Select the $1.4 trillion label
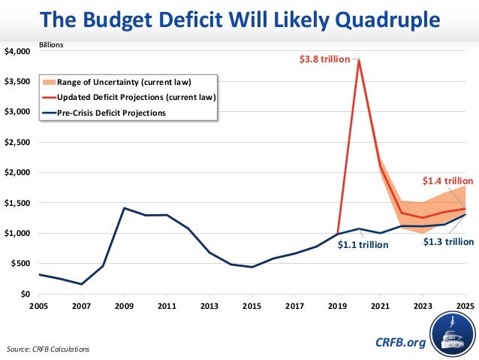[x=447, y=180]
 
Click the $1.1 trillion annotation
[x=363, y=244]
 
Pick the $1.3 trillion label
[x=448, y=241]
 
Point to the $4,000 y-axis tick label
[x=18, y=51]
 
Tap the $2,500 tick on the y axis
[x=18, y=142]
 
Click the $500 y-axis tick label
[x=20, y=264]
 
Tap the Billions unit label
[x=50, y=44]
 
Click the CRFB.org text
[x=400, y=343]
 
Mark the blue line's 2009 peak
[x=124, y=208]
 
